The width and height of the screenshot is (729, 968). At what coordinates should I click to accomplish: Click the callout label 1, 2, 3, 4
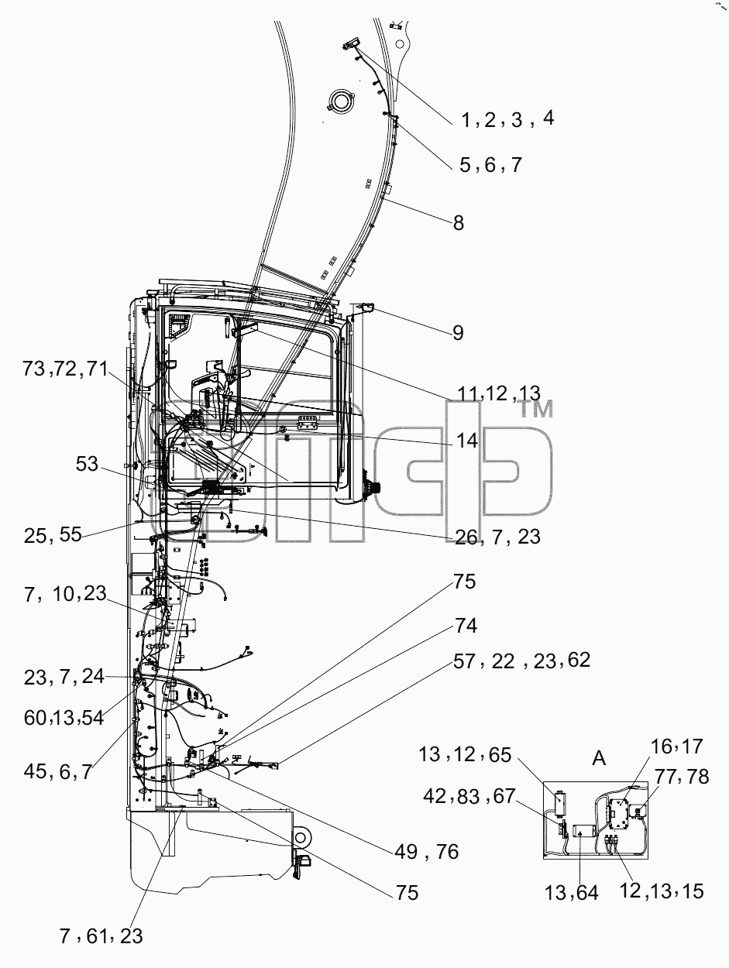[x=507, y=119]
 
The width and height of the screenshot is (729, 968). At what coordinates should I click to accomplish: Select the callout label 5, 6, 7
[x=490, y=165]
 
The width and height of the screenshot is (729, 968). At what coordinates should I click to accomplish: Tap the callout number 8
[x=459, y=223]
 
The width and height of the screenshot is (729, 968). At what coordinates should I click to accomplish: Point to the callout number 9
[x=458, y=333]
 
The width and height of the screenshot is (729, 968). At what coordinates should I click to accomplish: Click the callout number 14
[x=467, y=441]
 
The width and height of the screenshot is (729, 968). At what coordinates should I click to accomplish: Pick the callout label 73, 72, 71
[x=65, y=369]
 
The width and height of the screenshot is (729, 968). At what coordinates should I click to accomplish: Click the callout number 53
[x=87, y=464]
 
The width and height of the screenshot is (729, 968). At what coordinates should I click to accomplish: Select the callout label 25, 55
[x=53, y=535]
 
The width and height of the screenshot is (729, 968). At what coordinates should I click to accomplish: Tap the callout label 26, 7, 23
[x=497, y=537]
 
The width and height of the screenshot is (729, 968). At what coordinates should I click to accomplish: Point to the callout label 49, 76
[x=426, y=852]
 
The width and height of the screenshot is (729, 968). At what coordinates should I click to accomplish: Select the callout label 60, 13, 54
[x=64, y=718]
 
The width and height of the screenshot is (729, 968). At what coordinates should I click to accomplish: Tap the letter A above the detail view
[x=599, y=758]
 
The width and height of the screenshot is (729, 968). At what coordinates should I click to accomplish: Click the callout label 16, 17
[x=676, y=747]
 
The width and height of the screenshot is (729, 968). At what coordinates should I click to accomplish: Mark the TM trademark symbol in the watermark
[x=535, y=409]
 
